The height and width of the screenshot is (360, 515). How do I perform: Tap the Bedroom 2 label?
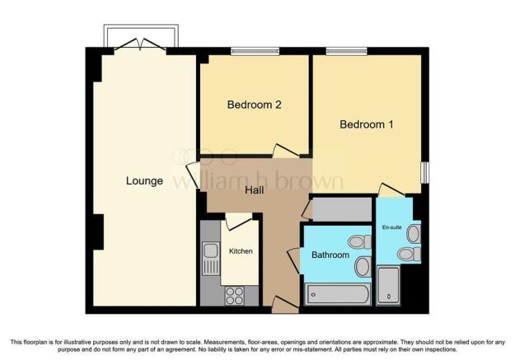[255, 105]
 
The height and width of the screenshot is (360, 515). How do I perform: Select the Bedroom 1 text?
[367, 124]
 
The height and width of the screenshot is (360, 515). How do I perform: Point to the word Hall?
[255, 190]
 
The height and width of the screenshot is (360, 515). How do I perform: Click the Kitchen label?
[241, 251]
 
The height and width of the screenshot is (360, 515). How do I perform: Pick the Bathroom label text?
[329, 255]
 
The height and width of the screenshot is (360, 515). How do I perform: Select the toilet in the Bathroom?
[358, 242]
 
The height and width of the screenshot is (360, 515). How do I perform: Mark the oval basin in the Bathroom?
[362, 265]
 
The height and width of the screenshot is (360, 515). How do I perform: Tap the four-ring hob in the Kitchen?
[234, 293]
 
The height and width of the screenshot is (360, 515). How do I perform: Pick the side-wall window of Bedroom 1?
[425, 171]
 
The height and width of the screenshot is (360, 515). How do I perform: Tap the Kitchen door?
[239, 220]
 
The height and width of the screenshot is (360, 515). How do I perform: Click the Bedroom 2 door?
[286, 150]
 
